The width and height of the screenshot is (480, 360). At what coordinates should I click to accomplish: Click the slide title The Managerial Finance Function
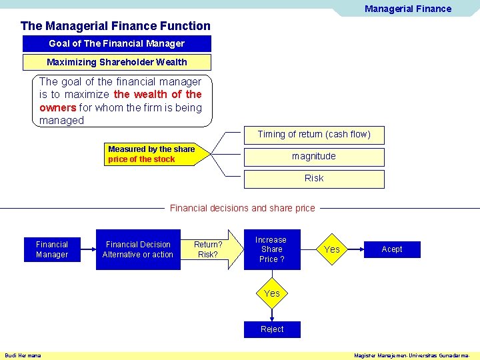115,26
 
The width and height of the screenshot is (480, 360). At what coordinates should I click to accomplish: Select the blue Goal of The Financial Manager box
117,43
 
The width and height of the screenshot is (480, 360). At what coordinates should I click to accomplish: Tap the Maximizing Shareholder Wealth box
117,62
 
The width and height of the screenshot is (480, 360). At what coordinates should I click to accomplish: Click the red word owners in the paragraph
57,107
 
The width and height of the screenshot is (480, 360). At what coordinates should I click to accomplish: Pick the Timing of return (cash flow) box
314,134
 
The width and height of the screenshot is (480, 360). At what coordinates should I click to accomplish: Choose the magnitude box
314,157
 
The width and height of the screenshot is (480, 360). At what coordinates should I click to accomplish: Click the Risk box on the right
314,179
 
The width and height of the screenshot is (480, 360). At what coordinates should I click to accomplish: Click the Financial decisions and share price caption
242,208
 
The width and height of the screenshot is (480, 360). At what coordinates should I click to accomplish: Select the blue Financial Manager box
52,249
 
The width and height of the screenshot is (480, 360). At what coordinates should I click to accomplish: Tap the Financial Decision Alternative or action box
138,249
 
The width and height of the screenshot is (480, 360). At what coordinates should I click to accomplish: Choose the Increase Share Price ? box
271,249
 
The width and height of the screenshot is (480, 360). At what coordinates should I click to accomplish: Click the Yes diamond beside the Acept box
331,249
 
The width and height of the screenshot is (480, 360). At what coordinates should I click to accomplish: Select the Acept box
392,249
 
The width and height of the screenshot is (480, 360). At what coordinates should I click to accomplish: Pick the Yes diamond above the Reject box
272,293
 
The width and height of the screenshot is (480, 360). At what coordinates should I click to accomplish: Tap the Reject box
272,329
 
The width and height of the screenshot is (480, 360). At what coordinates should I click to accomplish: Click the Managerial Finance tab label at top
407,9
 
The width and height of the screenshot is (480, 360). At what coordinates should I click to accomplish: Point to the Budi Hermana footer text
23,355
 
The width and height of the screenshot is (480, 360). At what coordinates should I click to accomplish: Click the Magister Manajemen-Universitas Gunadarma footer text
415,355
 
